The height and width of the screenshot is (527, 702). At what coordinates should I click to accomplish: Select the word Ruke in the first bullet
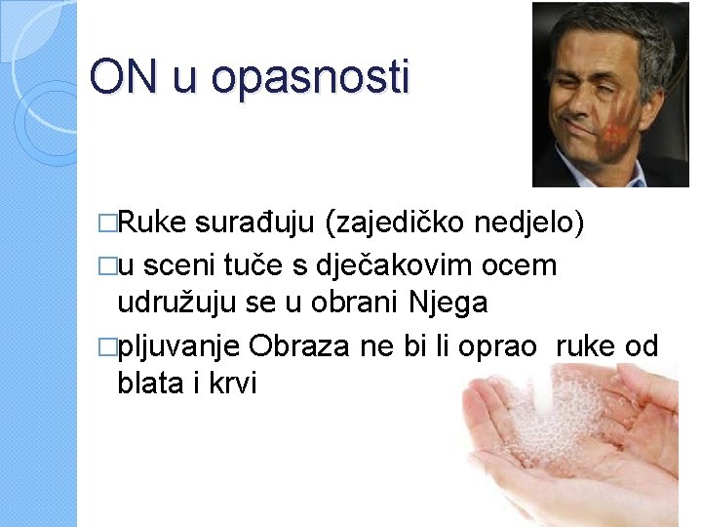(x=152, y=223)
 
